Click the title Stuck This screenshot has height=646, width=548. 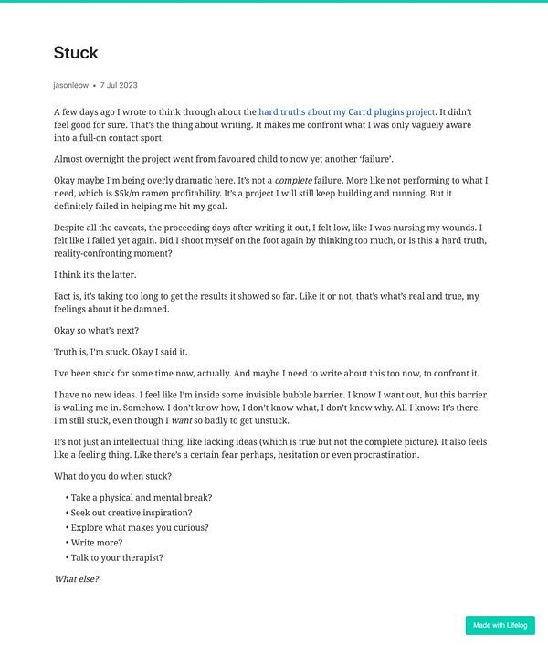coord(76,53)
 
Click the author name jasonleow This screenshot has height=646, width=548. coord(71,85)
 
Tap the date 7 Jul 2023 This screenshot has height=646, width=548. coord(119,85)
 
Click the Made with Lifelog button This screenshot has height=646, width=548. coord(500,626)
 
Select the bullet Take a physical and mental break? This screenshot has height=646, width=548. coord(141,497)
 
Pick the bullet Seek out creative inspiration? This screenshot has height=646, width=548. coord(142,513)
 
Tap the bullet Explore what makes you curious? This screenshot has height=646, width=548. coord(139,527)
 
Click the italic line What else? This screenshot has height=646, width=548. coord(77,579)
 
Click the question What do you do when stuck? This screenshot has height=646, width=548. coord(112,475)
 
